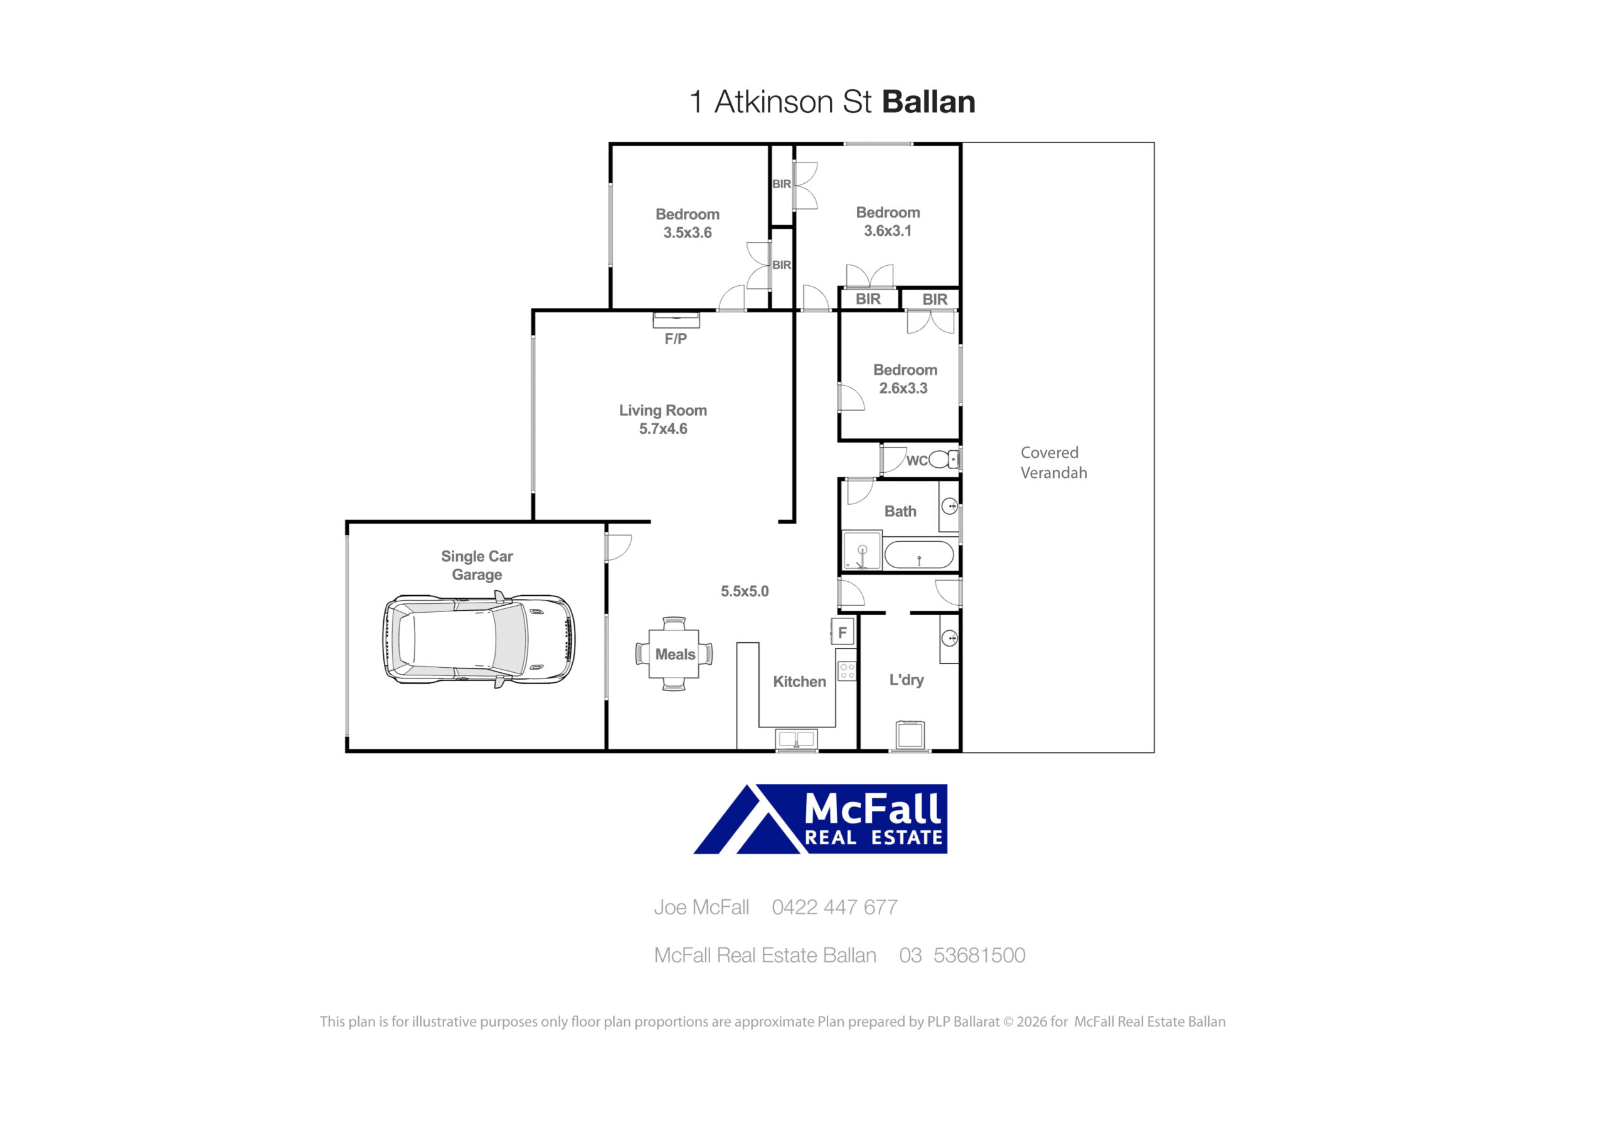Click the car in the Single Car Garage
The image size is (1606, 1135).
tap(479, 639)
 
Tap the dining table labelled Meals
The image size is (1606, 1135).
tap(674, 654)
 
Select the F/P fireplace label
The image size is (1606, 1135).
tap(676, 339)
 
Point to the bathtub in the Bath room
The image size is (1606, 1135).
tap(918, 555)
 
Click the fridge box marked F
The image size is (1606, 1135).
tap(842, 632)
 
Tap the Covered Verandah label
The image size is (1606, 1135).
tap(1053, 463)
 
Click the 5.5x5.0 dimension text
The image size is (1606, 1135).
tap(744, 591)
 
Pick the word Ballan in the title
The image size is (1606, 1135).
tap(928, 102)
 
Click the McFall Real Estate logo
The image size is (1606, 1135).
tap(821, 819)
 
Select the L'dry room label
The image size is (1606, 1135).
tap(907, 680)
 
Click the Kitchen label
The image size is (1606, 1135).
tap(799, 682)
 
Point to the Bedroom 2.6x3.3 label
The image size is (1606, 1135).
tap(905, 379)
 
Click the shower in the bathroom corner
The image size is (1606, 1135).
tap(862, 551)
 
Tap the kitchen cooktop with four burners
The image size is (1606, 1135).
tap(847, 672)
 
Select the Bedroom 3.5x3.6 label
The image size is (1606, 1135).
tap(688, 224)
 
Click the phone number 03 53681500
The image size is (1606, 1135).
tap(962, 955)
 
